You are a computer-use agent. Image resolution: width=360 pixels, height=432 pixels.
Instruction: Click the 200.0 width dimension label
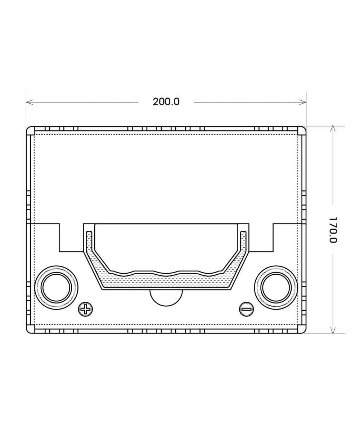(x=166, y=102)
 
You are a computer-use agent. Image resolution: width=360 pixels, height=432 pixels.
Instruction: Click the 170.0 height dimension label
(x=333, y=230)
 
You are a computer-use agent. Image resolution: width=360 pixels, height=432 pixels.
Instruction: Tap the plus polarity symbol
(x=85, y=310)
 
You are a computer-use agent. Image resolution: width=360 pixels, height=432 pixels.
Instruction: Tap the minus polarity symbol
(x=246, y=310)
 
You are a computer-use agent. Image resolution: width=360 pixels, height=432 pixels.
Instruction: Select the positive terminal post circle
(x=56, y=288)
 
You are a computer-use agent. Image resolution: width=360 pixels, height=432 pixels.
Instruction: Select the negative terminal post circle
(x=276, y=288)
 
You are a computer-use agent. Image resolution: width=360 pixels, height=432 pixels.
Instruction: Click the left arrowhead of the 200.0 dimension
(x=30, y=102)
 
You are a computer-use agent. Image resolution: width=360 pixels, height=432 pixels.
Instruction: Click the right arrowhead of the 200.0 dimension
(x=303, y=102)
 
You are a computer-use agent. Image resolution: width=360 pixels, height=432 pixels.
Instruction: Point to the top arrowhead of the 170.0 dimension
(x=333, y=129)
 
